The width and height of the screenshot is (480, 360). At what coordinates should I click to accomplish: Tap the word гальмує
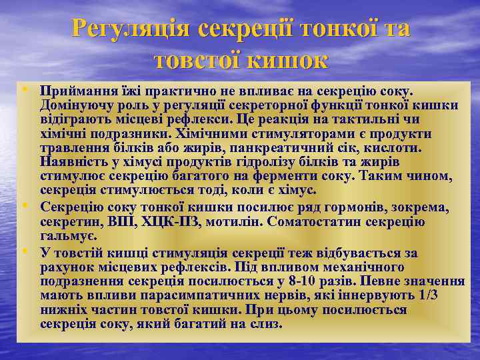point(68,236)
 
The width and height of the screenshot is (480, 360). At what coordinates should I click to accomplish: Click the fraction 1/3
point(425,295)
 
